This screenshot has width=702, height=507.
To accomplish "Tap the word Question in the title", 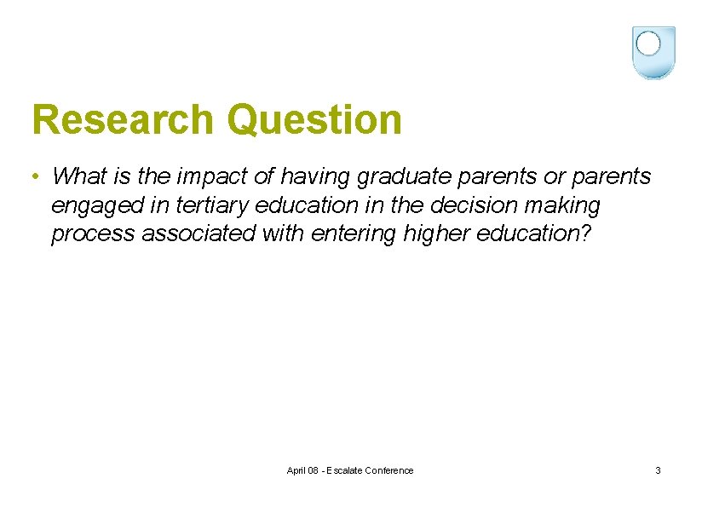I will pos(314,120).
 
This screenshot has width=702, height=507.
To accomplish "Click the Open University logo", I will pos(653,52).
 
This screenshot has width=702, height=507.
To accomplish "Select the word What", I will pos(78,176).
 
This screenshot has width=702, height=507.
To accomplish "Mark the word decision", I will pos(463,205).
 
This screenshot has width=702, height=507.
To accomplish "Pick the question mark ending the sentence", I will pos(583,233).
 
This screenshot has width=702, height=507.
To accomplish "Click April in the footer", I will pos(297,470).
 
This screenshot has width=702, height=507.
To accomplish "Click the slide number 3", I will pos(658,470).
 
